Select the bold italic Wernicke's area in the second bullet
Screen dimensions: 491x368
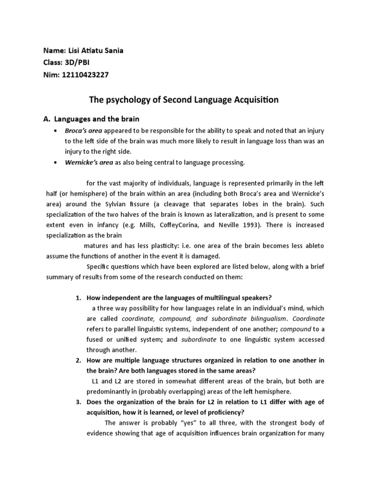(89, 163)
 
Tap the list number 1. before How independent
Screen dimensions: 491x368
(79, 298)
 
